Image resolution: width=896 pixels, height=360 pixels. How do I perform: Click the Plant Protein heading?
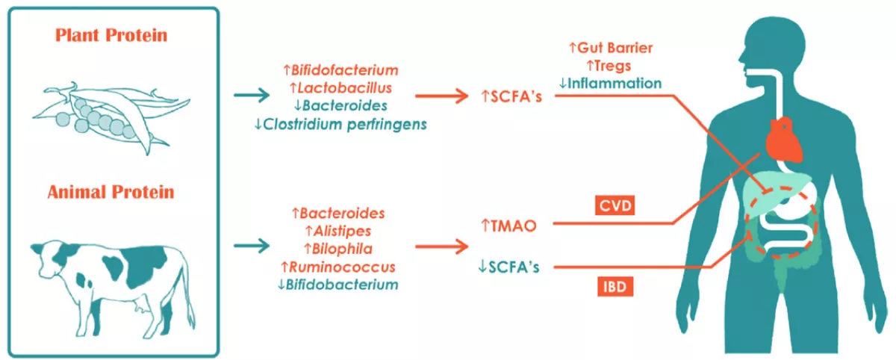coord(111,35)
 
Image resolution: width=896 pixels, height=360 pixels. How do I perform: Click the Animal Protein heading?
coord(111,193)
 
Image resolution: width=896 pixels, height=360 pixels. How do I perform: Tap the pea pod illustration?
coord(111,117)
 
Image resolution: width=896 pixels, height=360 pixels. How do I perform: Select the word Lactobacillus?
coord(345,88)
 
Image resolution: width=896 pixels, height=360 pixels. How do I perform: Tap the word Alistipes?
coord(343,231)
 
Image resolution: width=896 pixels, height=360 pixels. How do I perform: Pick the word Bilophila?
coord(342,249)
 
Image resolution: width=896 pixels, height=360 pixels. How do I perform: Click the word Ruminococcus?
coord(342,267)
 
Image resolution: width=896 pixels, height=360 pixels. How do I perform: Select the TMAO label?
coord(513,226)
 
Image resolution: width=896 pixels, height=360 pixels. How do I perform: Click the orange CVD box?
coord(615,205)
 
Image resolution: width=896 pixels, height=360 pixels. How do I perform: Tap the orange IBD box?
coord(615,287)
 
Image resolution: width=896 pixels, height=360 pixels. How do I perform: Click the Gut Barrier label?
coord(615,48)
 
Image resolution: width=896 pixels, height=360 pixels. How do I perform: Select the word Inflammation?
coord(615,83)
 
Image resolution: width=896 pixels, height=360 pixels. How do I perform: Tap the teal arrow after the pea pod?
coord(252,95)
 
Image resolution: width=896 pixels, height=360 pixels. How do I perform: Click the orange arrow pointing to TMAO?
coord(441,246)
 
